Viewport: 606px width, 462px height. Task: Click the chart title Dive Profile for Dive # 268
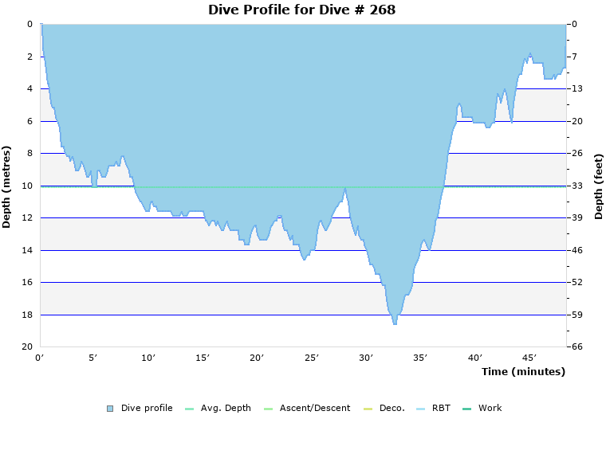point(301,10)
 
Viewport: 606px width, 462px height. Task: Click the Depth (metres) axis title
point(7,186)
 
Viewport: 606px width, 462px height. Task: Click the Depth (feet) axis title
point(599,186)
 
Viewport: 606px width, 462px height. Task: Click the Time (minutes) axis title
point(522,371)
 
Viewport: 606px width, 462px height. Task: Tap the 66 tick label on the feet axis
point(576,347)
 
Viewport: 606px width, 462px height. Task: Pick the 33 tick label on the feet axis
point(576,186)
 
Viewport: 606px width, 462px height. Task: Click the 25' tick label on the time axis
point(312,358)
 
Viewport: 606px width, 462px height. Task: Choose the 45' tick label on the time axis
point(529,358)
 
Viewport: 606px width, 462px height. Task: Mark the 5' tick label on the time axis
point(94,358)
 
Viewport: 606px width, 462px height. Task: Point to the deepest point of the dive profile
point(394,323)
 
